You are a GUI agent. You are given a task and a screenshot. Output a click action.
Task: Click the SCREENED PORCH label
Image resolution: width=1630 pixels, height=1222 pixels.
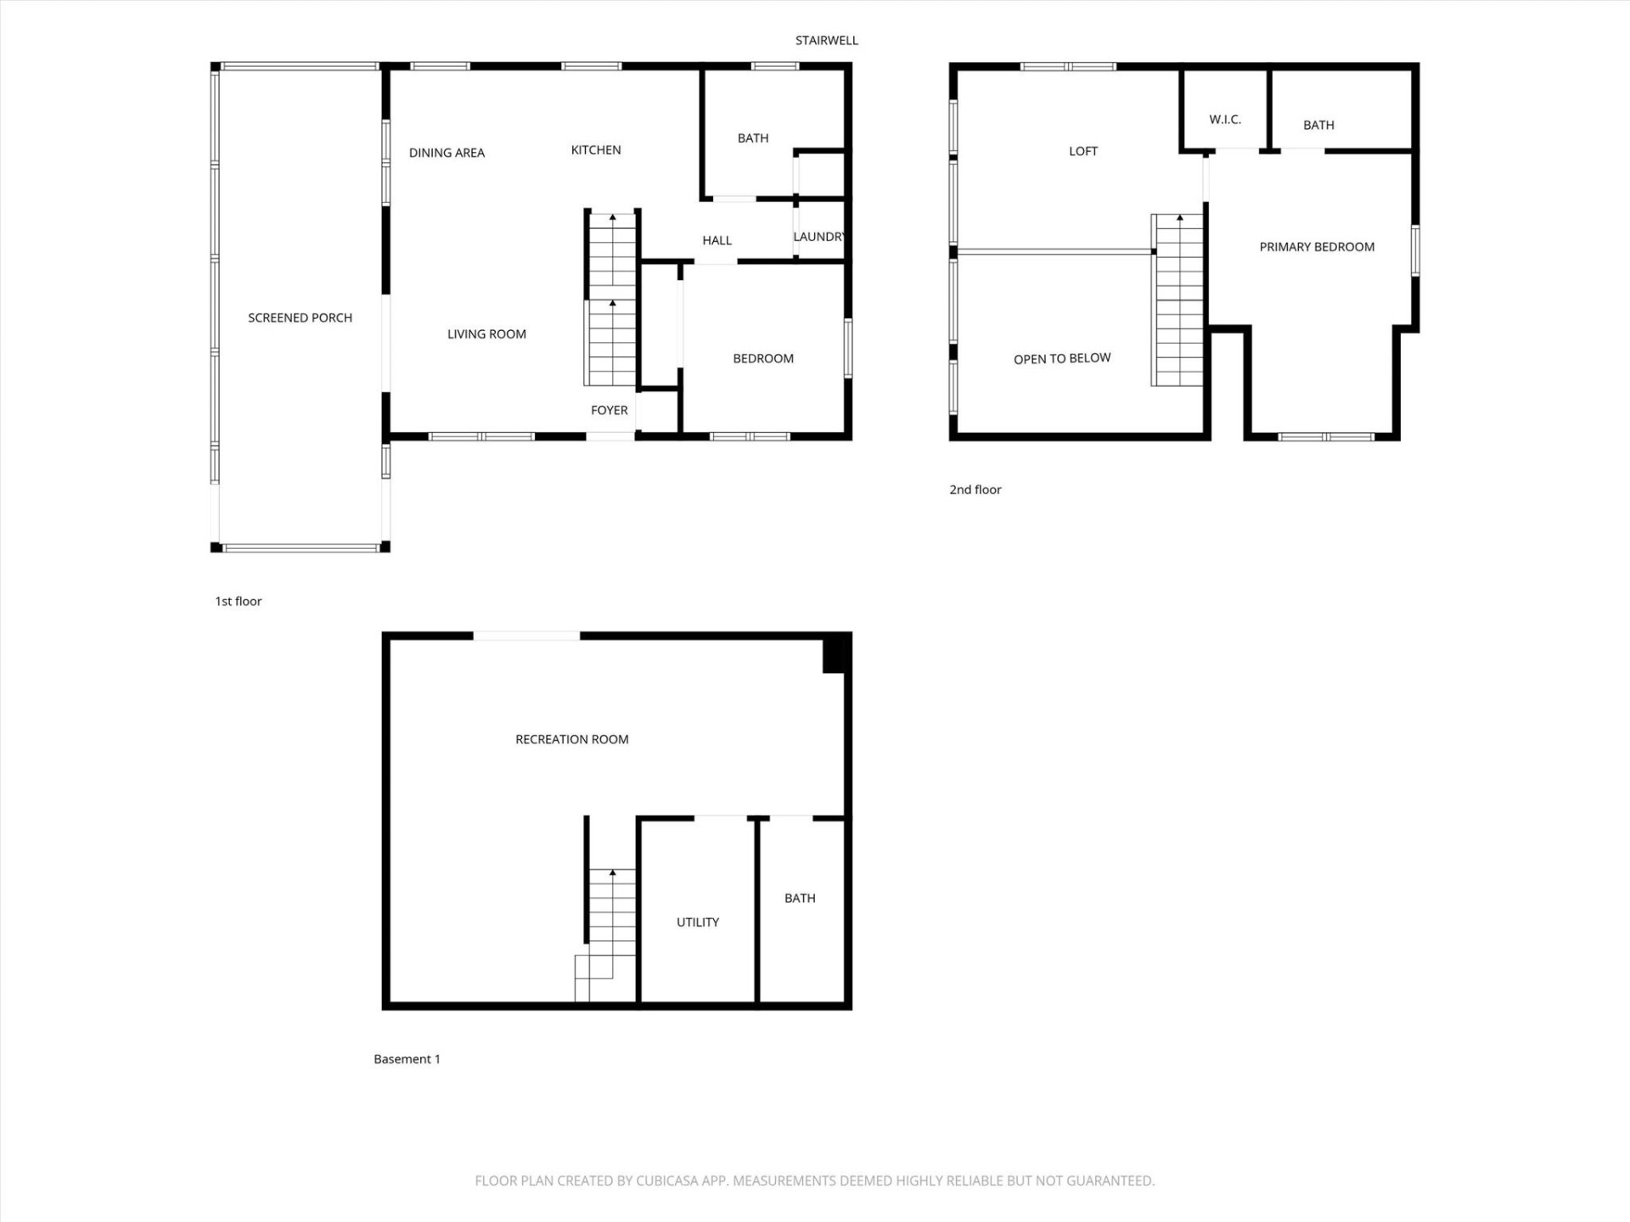(300, 317)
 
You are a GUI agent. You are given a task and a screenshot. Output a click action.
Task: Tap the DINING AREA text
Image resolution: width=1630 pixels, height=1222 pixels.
(447, 153)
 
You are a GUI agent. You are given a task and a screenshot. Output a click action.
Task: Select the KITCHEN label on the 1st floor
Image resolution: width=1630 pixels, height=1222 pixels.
(595, 150)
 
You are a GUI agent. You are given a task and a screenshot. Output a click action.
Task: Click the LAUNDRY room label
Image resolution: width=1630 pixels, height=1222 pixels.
(818, 237)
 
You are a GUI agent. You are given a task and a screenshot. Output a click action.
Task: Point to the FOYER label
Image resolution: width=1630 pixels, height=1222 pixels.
(609, 410)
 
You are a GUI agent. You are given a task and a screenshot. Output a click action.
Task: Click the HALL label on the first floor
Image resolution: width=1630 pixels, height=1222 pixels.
(717, 240)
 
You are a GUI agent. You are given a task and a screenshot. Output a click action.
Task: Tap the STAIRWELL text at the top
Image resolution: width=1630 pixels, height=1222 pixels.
(826, 40)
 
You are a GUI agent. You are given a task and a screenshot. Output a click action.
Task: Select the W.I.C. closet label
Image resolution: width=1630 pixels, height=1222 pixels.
(1224, 120)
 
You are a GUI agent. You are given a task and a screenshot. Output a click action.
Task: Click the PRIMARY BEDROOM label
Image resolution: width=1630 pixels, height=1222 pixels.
(1316, 247)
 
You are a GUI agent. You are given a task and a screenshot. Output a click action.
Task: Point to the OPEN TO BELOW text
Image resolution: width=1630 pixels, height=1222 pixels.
(1061, 358)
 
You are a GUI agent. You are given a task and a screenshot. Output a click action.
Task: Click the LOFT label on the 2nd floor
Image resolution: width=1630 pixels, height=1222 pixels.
(1082, 151)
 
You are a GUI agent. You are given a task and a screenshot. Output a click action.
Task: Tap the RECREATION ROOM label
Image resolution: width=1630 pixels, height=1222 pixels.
(571, 739)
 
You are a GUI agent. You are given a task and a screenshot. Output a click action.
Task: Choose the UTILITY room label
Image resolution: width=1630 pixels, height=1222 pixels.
(697, 922)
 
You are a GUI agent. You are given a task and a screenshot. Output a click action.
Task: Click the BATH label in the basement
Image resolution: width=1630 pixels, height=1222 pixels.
(799, 898)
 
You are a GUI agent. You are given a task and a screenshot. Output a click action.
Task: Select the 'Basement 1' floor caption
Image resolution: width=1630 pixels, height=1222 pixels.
(407, 1058)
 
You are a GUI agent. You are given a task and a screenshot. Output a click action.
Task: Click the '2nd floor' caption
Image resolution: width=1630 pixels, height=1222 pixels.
(975, 490)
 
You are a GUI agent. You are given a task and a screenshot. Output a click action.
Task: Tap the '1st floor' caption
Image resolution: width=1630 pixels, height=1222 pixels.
(238, 601)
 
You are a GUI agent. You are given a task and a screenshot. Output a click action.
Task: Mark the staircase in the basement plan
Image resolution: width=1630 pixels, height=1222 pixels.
(610, 925)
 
